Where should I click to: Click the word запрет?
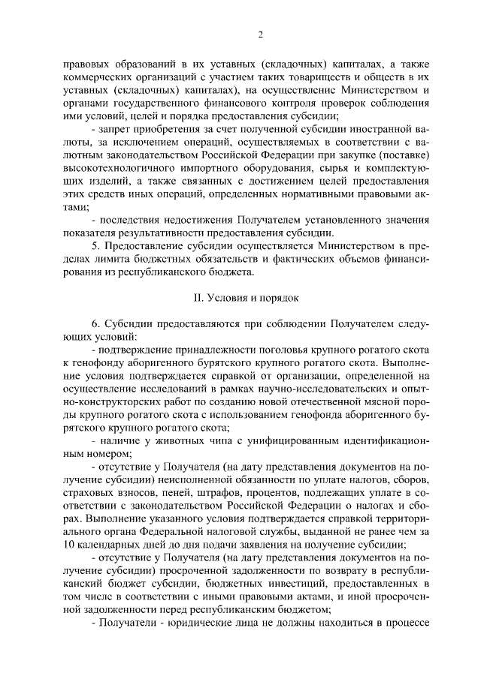[114, 128]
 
